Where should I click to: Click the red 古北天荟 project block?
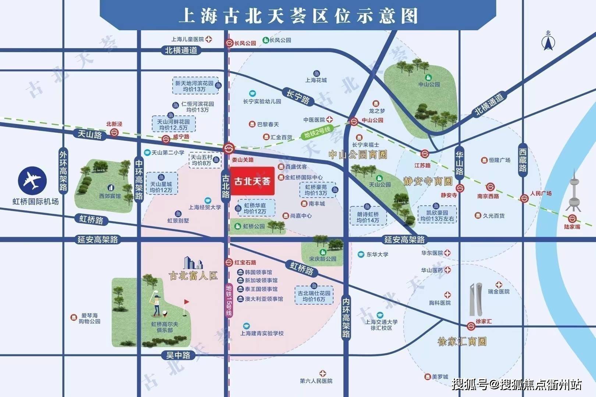click(x=252, y=181)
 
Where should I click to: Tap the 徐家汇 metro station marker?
click(x=471, y=326)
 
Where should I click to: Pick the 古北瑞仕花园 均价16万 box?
click(x=314, y=295)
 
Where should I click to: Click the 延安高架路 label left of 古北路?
click(x=97, y=240)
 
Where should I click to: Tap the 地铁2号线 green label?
click(x=317, y=132)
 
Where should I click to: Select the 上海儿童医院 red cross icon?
click(x=209, y=39)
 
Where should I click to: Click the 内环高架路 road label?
click(x=346, y=317)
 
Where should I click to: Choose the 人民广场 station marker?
click(x=524, y=198)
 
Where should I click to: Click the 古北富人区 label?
click(x=193, y=276)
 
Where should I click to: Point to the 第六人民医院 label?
click(x=316, y=381)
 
